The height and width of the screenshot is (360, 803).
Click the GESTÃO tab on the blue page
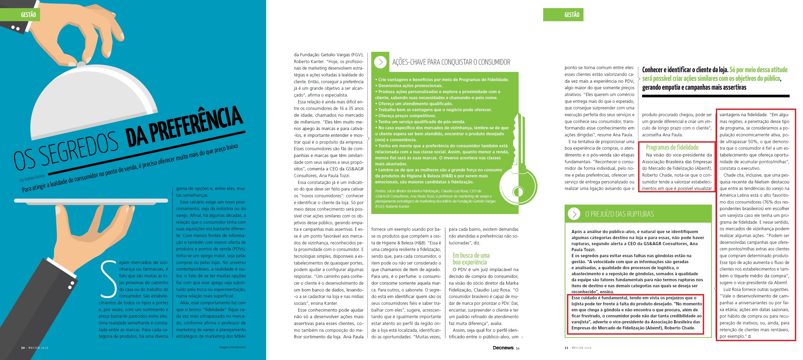click(28, 15)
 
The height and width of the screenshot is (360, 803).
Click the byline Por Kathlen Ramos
click(32, 178)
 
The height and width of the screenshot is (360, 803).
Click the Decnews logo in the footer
click(503, 348)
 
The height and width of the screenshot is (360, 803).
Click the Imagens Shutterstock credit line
click(232, 347)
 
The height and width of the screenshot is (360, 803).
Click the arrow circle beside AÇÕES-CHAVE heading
click(380, 62)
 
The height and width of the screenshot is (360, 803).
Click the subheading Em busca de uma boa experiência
click(471, 259)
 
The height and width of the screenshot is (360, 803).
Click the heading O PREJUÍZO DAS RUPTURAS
click(619, 214)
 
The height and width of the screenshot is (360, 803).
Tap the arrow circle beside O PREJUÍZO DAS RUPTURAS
click(574, 214)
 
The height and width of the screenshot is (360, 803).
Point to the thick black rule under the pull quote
click(715, 96)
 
